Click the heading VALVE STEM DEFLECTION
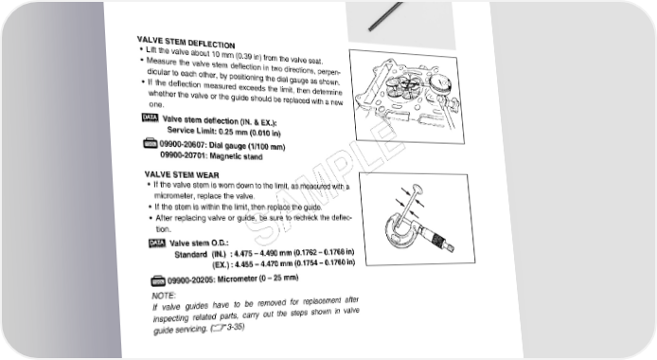pyautogui.click(x=186, y=42)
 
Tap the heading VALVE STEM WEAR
pyautogui.click(x=182, y=174)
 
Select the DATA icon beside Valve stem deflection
pyautogui.click(x=150, y=117)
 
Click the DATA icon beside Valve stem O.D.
pyautogui.click(x=157, y=243)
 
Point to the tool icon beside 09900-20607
pyautogui.click(x=151, y=144)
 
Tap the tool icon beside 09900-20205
pyautogui.click(x=158, y=280)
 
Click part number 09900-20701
pyautogui.click(x=184, y=155)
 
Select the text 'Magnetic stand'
pyautogui.click(x=236, y=156)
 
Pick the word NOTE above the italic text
pyautogui.click(x=164, y=296)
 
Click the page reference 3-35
pyautogui.click(x=236, y=327)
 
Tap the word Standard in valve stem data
pyautogui.click(x=190, y=255)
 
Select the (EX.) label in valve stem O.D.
pyautogui.click(x=221, y=265)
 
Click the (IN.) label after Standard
pyautogui.click(x=219, y=254)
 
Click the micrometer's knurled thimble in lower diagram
pyautogui.click(x=438, y=241)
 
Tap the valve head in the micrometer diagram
pyautogui.click(x=417, y=189)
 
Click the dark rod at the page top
pyautogui.click(x=385, y=16)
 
